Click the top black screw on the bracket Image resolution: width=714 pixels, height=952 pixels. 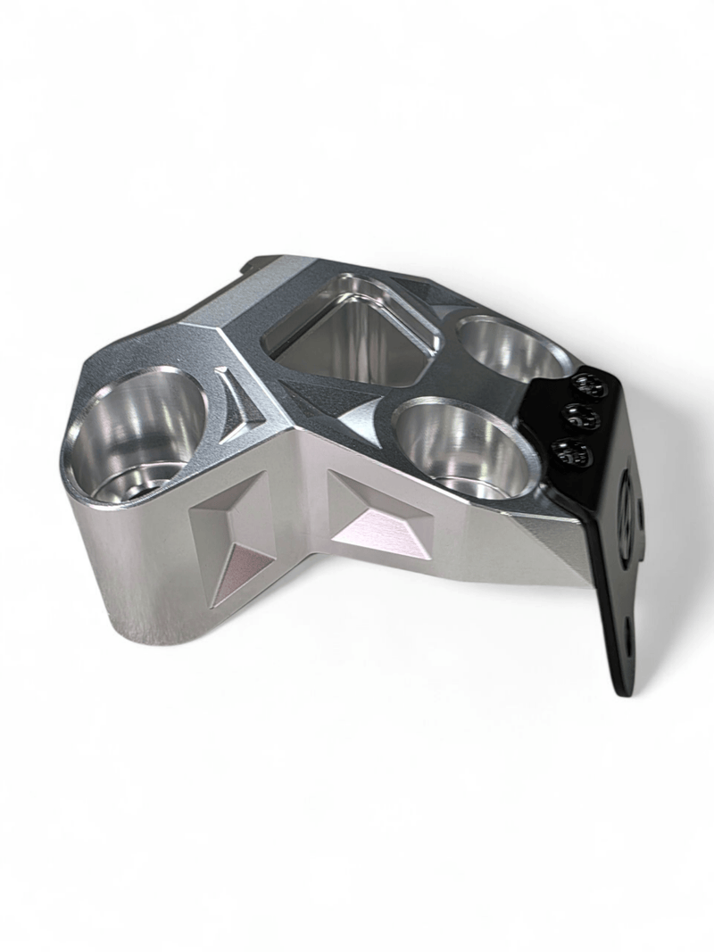click(589, 385)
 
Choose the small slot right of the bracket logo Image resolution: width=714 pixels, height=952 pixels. click(642, 517)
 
